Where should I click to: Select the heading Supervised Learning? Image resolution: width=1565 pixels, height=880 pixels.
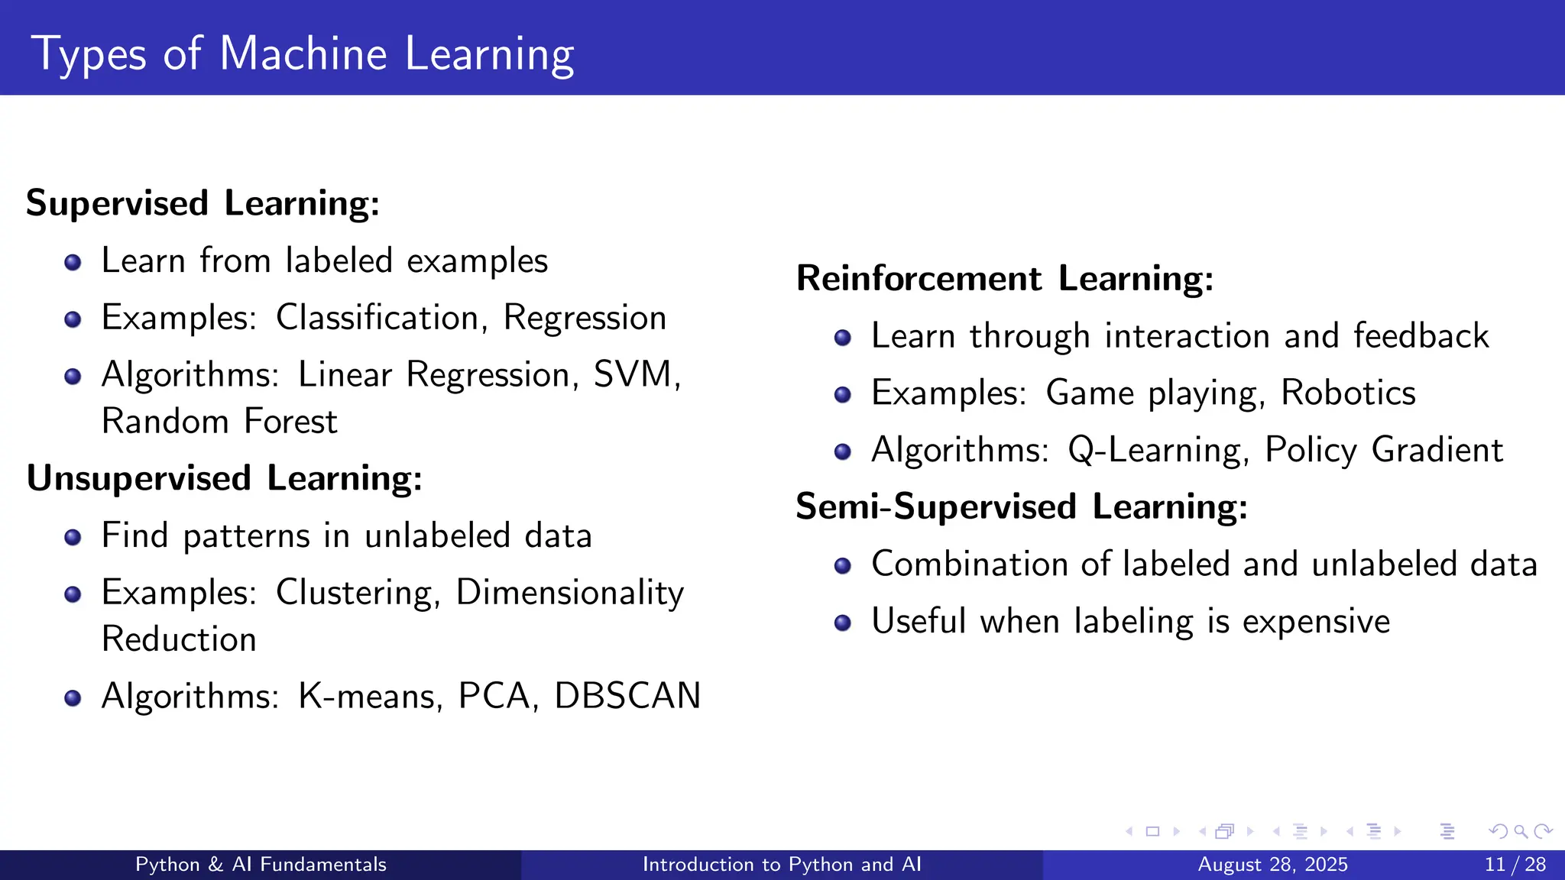click(203, 203)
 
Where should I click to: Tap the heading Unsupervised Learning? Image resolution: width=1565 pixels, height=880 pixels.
click(224, 478)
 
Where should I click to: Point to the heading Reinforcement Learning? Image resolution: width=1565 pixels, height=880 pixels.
click(1004, 278)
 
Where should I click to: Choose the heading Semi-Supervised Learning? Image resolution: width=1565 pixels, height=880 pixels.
click(1021, 506)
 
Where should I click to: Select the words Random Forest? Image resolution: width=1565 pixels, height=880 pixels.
click(219, 422)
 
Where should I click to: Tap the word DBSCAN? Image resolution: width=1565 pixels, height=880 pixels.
click(627, 696)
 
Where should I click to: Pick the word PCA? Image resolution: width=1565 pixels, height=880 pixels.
click(494, 696)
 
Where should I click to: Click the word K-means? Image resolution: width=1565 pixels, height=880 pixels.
click(369, 696)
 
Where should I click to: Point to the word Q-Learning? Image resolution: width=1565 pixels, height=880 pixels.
click(1156, 450)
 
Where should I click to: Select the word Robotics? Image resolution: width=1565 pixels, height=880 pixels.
click(1347, 393)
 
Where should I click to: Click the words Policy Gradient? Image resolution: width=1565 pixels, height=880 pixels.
click(1383, 450)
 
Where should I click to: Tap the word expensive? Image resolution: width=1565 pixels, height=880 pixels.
click(1315, 621)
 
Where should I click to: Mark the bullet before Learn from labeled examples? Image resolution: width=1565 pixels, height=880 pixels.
click(73, 263)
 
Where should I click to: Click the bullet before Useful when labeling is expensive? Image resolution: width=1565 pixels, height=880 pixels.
click(842, 623)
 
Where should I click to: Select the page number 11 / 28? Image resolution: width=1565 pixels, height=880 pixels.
click(1515, 865)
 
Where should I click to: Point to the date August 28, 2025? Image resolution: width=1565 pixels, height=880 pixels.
click(1272, 865)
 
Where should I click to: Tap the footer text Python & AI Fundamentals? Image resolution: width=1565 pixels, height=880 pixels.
click(261, 865)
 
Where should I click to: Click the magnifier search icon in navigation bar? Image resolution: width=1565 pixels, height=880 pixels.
click(1521, 831)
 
